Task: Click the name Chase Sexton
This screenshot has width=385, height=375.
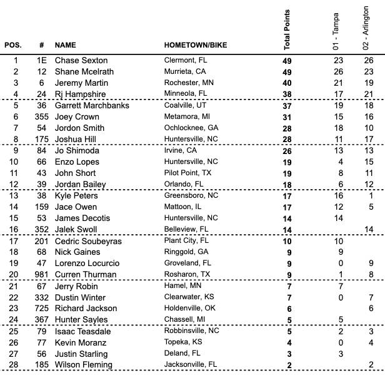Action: click(81, 61)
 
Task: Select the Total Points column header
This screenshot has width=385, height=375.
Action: click(287, 29)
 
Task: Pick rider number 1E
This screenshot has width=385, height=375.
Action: click(41, 61)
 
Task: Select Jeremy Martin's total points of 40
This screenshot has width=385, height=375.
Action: click(287, 83)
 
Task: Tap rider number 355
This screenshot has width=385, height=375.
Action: click(41, 117)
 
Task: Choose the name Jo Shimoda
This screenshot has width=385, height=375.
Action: click(77, 151)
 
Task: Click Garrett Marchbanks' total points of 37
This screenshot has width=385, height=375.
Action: click(287, 106)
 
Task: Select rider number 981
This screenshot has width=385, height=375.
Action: click(41, 275)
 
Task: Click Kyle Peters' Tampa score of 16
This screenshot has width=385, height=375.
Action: click(338, 196)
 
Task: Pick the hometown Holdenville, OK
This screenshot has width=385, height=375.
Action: click(190, 309)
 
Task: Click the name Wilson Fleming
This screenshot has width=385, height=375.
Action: click(84, 365)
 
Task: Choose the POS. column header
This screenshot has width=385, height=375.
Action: click(13, 46)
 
